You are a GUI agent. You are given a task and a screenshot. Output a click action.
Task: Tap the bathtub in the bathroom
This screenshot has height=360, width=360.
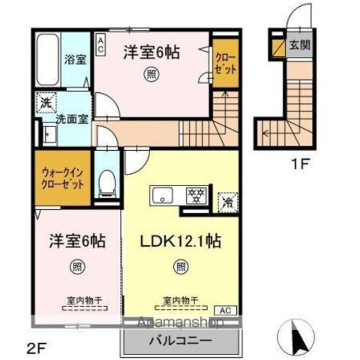click(x=48, y=60)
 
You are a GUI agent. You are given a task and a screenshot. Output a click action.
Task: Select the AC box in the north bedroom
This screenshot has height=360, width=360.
click(x=100, y=45)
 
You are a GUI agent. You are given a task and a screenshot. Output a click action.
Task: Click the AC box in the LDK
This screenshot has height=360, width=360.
click(x=225, y=310)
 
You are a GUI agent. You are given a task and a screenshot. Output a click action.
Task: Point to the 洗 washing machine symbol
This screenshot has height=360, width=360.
click(x=46, y=102)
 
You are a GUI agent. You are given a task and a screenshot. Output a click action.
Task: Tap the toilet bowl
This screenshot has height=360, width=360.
click(x=107, y=183)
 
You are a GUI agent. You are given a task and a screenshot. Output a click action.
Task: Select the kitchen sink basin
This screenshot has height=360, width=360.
click(x=163, y=195)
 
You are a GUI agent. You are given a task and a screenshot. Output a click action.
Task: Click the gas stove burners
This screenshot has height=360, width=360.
click(x=196, y=196)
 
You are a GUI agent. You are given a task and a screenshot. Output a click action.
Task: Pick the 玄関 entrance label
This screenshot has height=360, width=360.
click(x=300, y=45)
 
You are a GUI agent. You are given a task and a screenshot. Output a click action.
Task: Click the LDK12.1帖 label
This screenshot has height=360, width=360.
click(x=181, y=241)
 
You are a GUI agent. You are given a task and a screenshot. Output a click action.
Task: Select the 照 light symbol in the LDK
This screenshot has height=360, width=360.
click(x=181, y=267)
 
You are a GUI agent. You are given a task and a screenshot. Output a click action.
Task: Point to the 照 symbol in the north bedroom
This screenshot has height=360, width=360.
click(x=151, y=74)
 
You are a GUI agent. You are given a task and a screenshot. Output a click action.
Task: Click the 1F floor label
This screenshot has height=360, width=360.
click(x=300, y=164)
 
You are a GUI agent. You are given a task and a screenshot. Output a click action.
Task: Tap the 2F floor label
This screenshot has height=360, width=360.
click(x=37, y=349)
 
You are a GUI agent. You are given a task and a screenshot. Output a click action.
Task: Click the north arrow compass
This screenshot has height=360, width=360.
click(x=296, y=337)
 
